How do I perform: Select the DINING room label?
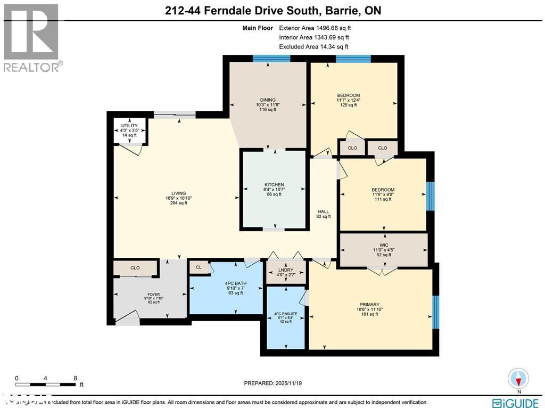pos(268,100)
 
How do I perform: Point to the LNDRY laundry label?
pos(286,271)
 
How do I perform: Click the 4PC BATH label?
pos(234,283)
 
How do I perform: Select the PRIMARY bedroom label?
pos(369,305)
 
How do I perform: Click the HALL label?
pos(323,211)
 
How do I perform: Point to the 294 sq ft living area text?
pos(178,203)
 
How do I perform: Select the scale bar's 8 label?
pos(76,378)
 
